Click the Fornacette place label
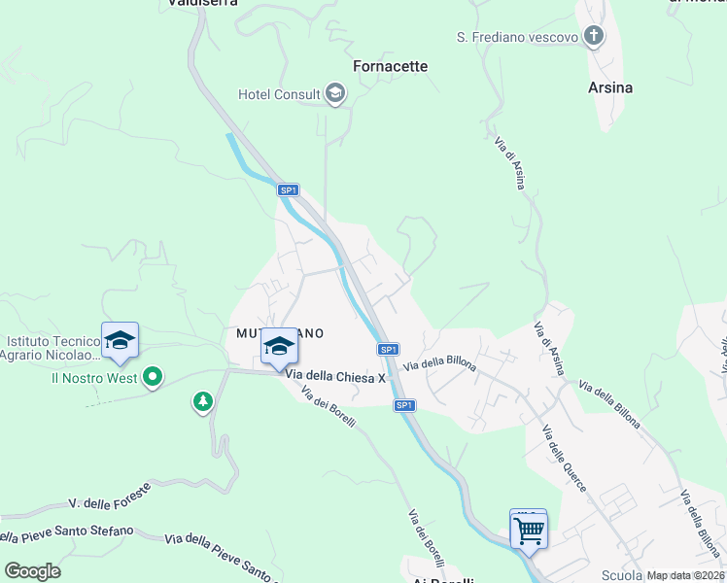[390, 66]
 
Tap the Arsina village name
[610, 87]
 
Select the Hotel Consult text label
[280, 94]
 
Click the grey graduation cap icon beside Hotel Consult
[335, 93]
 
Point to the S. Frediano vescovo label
[518, 37]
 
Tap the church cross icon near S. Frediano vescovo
[593, 37]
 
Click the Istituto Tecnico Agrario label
[52, 348]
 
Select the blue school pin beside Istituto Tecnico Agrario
[120, 341]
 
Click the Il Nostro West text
[94, 378]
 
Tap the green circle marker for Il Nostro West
[152, 377]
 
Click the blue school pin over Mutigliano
[279, 347]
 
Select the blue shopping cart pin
[528, 531]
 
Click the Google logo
[32, 571]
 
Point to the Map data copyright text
[686, 575]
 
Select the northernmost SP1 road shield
[288, 190]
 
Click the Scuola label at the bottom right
[622, 575]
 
